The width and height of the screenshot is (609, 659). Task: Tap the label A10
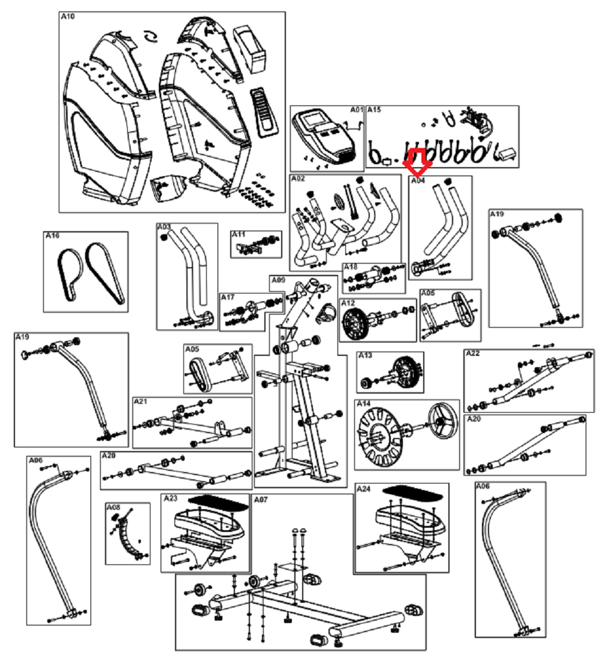click(x=68, y=17)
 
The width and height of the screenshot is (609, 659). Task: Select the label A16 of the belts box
click(x=52, y=236)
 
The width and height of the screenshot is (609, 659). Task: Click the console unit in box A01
click(x=324, y=135)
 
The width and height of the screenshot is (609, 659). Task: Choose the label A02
click(x=298, y=179)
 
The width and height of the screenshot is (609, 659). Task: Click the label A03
click(x=164, y=228)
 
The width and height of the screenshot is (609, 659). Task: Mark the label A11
click(x=239, y=233)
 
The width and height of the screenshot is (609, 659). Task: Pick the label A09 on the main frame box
click(x=278, y=280)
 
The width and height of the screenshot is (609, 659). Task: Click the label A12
click(x=348, y=303)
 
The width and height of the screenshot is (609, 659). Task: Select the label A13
click(x=364, y=356)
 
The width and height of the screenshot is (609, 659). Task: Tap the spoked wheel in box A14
click(x=443, y=422)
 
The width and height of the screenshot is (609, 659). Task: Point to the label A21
click(x=140, y=401)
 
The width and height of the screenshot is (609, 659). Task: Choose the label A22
click(x=472, y=353)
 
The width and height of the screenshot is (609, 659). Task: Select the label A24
click(x=363, y=489)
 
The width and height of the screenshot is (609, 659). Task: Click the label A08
click(x=113, y=507)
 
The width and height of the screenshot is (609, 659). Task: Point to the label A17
click(x=228, y=297)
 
